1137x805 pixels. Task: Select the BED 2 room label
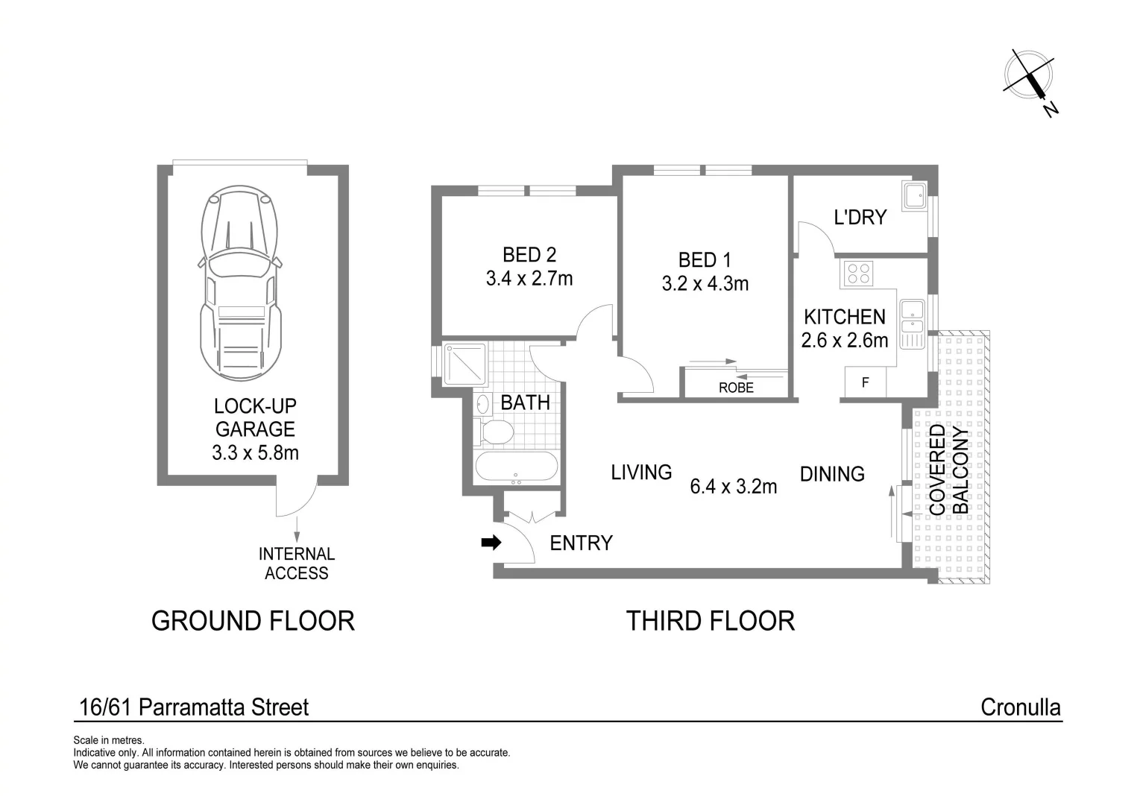(x=529, y=255)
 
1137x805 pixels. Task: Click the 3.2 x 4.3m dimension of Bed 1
(x=705, y=284)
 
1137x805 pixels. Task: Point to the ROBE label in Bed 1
(x=736, y=388)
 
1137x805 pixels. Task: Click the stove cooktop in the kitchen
(x=858, y=274)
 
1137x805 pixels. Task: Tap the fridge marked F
(x=865, y=383)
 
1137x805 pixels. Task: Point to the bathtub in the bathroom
(x=516, y=468)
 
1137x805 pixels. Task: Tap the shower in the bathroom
(x=464, y=364)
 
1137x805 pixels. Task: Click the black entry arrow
(x=491, y=543)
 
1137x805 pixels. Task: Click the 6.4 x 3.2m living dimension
(x=734, y=487)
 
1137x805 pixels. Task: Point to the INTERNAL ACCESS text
(x=296, y=563)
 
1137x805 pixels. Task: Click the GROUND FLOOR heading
(x=253, y=620)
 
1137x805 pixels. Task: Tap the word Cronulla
(x=1020, y=707)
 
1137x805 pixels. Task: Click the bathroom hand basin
(x=482, y=405)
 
